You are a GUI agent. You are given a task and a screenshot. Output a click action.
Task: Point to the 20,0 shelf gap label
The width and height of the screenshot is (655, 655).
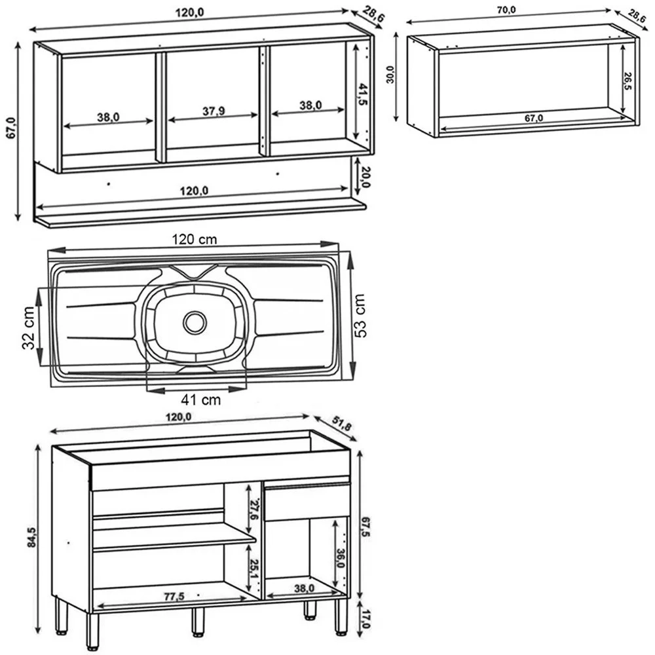click(365, 177)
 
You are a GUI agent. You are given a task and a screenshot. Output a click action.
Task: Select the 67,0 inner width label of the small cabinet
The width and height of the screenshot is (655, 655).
click(534, 119)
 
